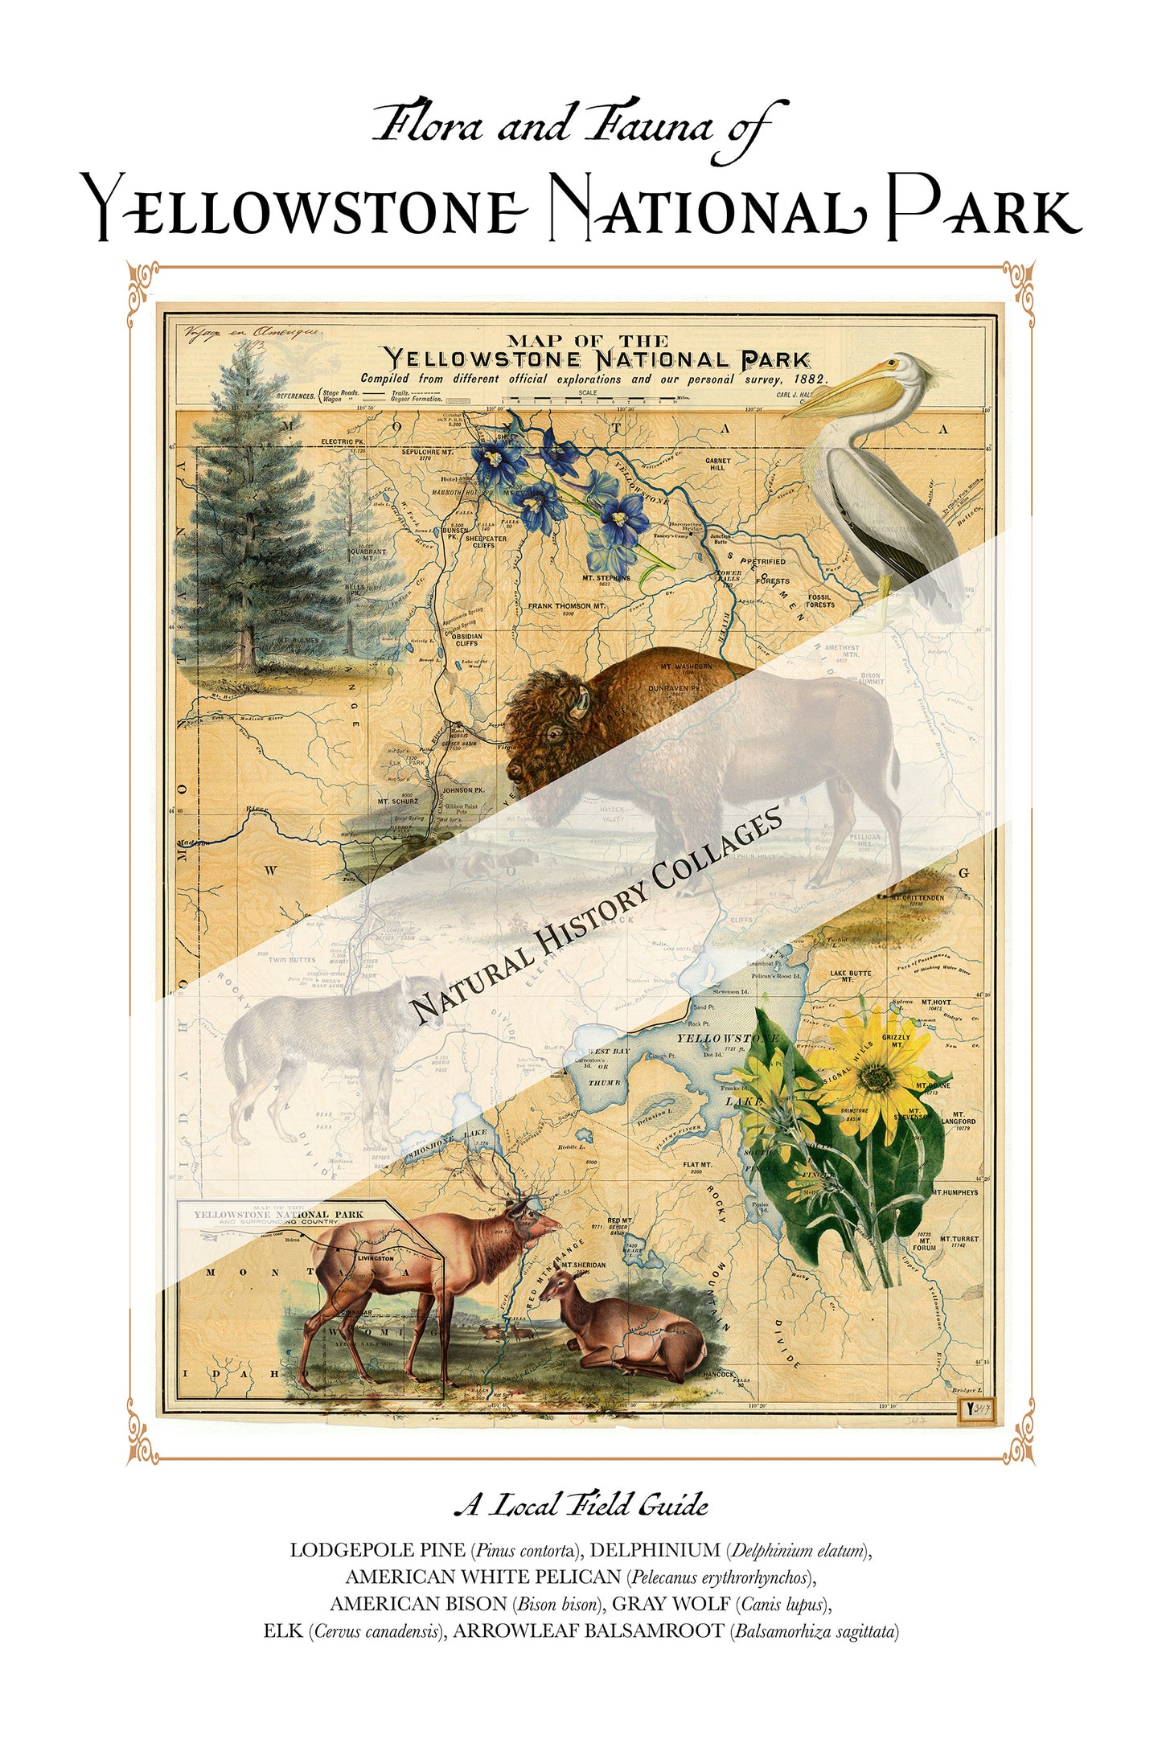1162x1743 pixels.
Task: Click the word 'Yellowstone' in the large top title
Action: pyautogui.click(x=306, y=209)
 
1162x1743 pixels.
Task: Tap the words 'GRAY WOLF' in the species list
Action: pyautogui.click(x=671, y=1604)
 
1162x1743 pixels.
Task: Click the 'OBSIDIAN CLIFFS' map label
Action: pyautogui.click(x=466, y=639)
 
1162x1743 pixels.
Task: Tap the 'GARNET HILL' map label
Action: pyautogui.click(x=717, y=464)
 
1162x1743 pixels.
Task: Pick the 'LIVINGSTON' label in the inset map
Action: pyautogui.click(x=376, y=1258)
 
